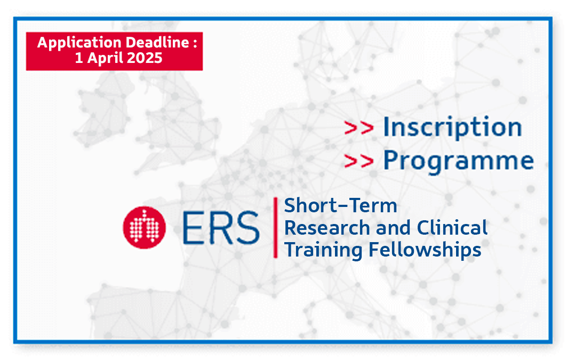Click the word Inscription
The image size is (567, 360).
452,127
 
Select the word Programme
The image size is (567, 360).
459,161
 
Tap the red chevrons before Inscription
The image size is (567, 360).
359,128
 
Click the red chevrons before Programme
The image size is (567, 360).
359,161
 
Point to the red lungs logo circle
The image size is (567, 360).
144,227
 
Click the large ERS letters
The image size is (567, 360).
221,228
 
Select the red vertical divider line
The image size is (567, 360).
276,227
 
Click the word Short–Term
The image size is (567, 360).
340,206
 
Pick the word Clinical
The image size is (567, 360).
452,228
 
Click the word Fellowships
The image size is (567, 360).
425,250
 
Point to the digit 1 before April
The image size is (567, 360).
79,58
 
